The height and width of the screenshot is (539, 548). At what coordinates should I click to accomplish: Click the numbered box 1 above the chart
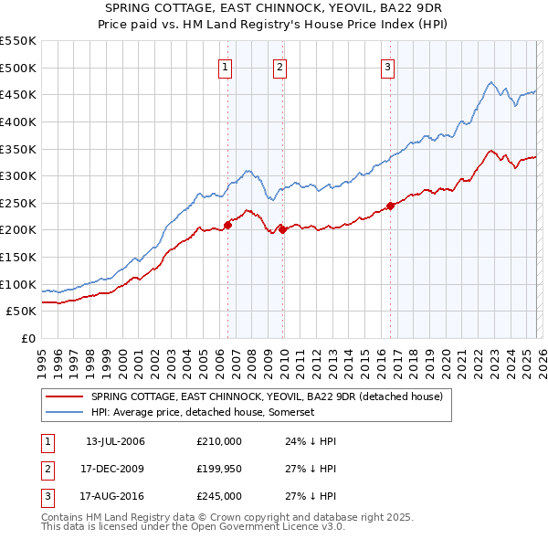[225, 66]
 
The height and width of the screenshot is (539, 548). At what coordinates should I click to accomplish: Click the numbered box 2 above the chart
[279, 66]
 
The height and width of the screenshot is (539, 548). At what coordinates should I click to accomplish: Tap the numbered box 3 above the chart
[387, 66]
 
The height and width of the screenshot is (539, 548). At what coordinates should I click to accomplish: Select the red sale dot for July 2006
[227, 225]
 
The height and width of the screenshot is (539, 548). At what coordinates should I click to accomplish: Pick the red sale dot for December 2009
[283, 229]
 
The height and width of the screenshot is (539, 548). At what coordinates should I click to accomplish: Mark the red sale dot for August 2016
[390, 206]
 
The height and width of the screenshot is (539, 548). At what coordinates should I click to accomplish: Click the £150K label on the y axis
[18, 257]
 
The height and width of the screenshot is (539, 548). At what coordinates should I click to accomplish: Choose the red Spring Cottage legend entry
[266, 396]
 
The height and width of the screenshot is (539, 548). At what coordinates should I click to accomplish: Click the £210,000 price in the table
[219, 441]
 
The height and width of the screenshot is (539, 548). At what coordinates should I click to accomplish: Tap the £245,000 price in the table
[219, 496]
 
